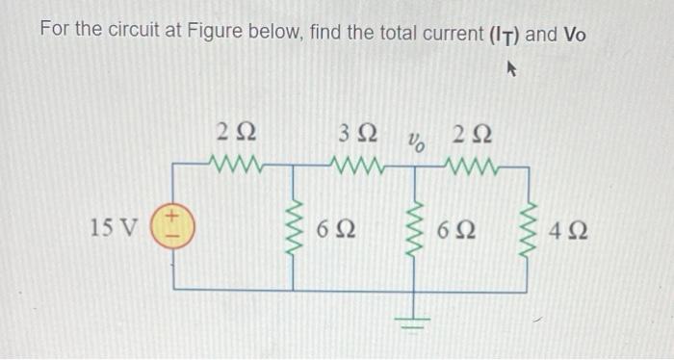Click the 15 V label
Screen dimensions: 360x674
(114, 228)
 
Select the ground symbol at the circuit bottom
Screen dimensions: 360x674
(417, 318)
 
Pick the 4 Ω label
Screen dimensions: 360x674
(571, 231)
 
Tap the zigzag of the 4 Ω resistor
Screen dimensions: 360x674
(528, 229)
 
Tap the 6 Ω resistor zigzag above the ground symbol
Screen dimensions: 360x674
(417, 229)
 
